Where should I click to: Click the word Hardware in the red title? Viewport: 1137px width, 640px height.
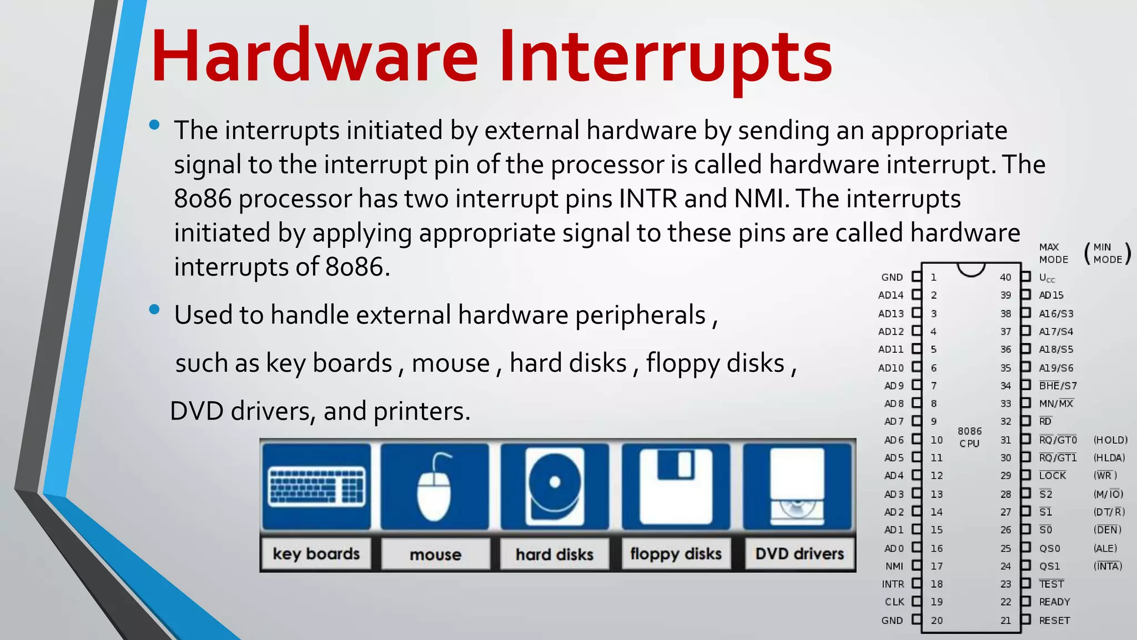click(x=314, y=57)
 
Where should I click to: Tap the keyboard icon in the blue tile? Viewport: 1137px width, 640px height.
click(x=316, y=486)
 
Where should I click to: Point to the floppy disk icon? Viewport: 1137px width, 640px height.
click(x=676, y=486)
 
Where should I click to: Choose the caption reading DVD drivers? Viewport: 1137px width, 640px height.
click(x=799, y=554)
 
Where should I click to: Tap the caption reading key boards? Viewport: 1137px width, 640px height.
click(x=316, y=554)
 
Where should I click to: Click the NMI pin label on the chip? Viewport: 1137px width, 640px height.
click(x=894, y=566)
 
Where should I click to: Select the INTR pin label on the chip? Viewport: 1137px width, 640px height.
click(x=893, y=584)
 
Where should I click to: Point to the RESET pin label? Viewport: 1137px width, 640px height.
click(x=1054, y=621)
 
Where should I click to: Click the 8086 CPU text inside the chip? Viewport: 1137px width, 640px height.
click(x=969, y=437)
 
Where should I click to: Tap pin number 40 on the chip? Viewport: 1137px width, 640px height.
click(x=1005, y=277)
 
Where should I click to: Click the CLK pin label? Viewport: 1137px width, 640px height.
click(x=894, y=602)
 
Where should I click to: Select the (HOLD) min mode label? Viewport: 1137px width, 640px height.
click(x=1110, y=440)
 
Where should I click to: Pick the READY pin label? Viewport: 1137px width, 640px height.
click(x=1054, y=602)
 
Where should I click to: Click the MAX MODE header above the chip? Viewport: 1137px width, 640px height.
click(x=1053, y=253)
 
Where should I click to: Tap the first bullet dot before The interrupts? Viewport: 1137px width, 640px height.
click(x=154, y=125)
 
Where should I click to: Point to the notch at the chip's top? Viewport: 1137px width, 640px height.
click(x=971, y=269)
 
